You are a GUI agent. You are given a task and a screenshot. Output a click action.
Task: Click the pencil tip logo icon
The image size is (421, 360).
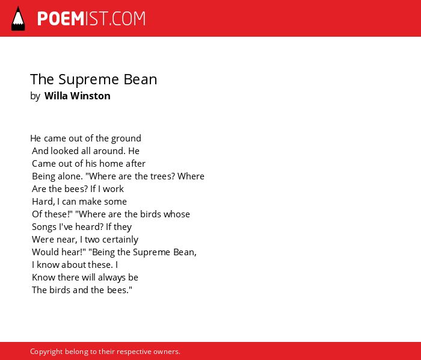(x=18, y=19)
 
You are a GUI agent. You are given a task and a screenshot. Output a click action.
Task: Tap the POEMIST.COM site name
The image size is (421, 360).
(x=91, y=19)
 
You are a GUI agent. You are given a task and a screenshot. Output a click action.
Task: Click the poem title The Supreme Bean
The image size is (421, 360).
(x=93, y=79)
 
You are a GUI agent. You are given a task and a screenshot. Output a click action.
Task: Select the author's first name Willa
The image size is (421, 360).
(x=56, y=96)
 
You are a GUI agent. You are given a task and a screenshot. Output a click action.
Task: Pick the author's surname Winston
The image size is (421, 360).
(x=90, y=96)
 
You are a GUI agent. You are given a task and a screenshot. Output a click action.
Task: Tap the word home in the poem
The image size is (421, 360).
(x=111, y=164)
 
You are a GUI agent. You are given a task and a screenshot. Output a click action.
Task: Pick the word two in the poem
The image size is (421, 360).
(x=92, y=240)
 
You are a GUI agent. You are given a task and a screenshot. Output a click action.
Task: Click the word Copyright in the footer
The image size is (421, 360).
(x=46, y=352)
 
